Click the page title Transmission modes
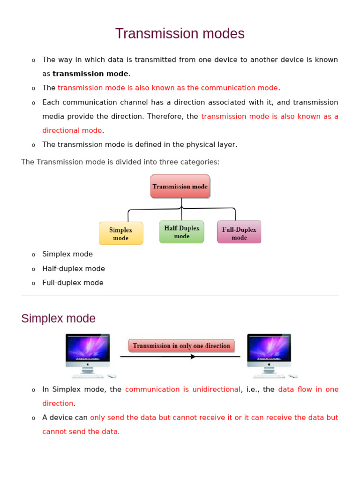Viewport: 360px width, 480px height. pyautogui.click(x=180, y=34)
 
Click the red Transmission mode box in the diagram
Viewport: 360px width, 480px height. pyautogui.click(x=180, y=187)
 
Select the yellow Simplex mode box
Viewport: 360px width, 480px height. pyautogui.click(x=121, y=233)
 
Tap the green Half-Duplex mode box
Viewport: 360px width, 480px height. pyautogui.click(x=182, y=232)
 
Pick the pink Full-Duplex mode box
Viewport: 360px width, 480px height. pyautogui.click(x=239, y=232)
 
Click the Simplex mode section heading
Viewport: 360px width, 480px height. pyautogui.click(x=58, y=319)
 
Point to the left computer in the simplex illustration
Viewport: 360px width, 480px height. pyautogui.click(x=88, y=352)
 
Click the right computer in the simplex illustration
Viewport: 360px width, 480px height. pyautogui.click(x=269, y=352)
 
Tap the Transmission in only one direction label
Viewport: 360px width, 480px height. pyautogui.click(x=181, y=346)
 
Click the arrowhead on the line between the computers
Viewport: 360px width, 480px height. pyautogui.click(x=193, y=357)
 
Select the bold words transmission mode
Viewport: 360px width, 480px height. pyautogui.click(x=90, y=74)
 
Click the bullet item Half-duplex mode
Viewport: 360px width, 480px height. pyautogui.click(x=74, y=269)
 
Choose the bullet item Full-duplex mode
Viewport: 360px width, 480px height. pyautogui.click(x=73, y=283)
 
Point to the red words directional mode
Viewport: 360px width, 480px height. pyautogui.click(x=72, y=130)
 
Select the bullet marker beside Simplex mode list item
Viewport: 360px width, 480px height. pyautogui.click(x=33, y=255)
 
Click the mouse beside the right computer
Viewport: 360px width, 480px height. pyautogui.click(x=293, y=376)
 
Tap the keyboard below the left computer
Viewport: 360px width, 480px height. pyautogui.click(x=88, y=376)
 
